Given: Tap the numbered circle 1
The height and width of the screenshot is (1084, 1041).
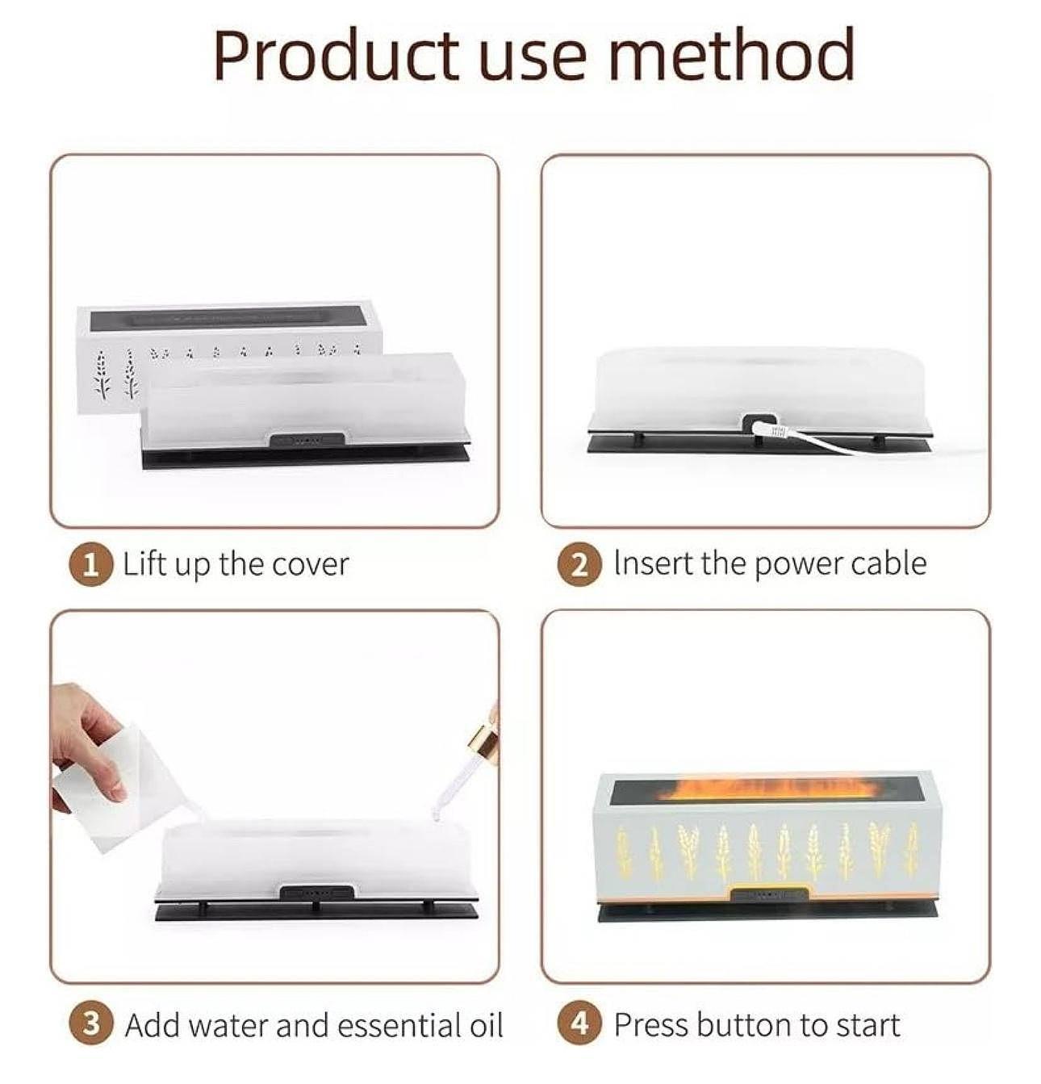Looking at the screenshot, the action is [91, 565].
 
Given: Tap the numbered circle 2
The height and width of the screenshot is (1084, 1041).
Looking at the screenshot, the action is [580, 565].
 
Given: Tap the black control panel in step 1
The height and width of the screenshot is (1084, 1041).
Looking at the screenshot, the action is [307, 439].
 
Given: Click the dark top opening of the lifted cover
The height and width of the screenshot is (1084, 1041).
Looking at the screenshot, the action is [228, 318].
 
